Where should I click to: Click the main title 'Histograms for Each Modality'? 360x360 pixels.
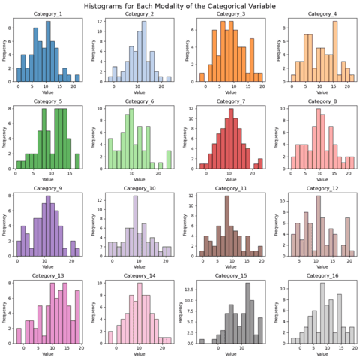180,5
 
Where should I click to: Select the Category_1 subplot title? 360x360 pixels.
49,15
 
